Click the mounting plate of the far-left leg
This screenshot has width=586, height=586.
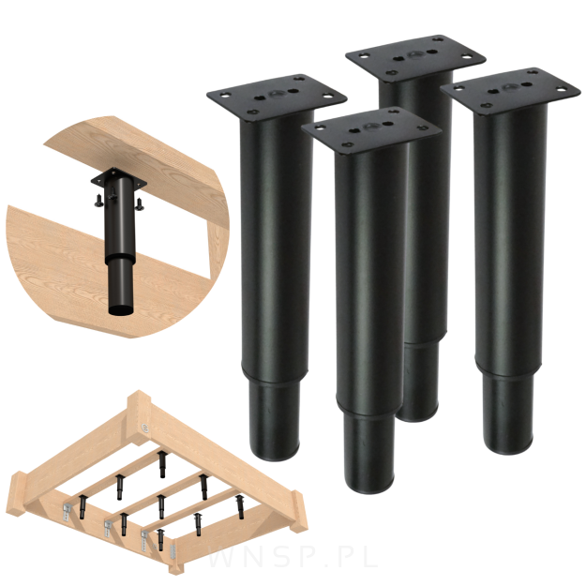[x=277, y=97]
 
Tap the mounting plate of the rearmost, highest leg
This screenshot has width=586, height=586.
[x=415, y=57]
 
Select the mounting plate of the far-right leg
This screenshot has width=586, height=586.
[x=510, y=90]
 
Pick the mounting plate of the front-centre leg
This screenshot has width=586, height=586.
[x=371, y=129]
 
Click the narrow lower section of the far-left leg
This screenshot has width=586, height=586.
[x=275, y=419]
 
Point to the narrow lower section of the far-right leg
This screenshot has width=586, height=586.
[x=507, y=413]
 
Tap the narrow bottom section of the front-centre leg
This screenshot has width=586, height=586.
[x=370, y=452]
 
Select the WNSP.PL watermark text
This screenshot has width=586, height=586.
[x=293, y=558]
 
